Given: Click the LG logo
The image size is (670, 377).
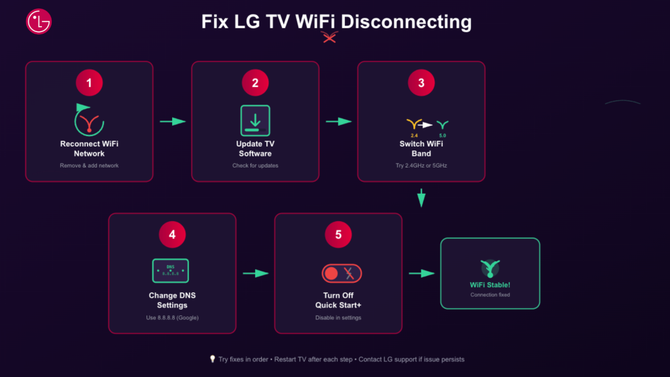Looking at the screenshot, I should (x=39, y=22).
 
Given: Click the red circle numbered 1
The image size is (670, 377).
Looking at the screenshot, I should (x=89, y=82).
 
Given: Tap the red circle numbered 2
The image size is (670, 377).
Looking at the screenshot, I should (x=255, y=82).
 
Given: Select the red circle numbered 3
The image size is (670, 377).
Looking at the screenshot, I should (x=421, y=82).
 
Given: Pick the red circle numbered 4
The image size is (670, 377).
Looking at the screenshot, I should (x=172, y=234).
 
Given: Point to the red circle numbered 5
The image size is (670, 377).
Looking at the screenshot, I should (x=338, y=234).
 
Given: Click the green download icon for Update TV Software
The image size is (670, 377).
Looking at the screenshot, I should (x=255, y=120).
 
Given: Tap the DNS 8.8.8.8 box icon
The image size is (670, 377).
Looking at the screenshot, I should (x=171, y=270).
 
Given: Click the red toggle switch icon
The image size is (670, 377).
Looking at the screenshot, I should (x=342, y=273).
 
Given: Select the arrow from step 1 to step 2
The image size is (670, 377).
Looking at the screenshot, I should (x=173, y=121).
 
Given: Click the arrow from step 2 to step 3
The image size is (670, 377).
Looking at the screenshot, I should (x=338, y=121).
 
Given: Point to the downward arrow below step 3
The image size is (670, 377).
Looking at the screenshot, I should (x=421, y=198).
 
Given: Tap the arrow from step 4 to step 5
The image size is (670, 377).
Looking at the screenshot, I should (x=255, y=273).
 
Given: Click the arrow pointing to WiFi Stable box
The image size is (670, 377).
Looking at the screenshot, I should (x=422, y=273).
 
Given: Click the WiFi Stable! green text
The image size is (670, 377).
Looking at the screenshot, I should (x=490, y=285).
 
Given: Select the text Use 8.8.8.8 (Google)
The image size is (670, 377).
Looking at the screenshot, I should (x=172, y=317).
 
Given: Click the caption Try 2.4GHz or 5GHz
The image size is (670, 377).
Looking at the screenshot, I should (x=421, y=166).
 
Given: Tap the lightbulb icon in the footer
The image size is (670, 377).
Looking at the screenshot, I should (x=212, y=359).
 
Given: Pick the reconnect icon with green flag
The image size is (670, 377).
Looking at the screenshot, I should (x=89, y=118).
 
